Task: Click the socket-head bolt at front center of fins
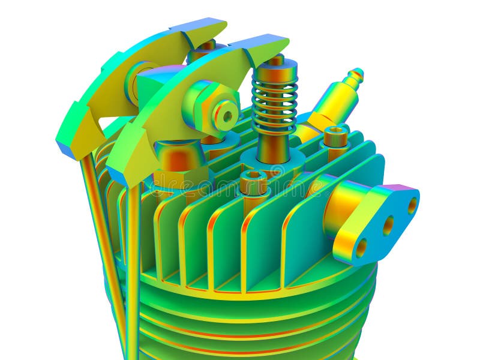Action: tap(254, 182)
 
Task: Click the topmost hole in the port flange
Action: tap(412, 205)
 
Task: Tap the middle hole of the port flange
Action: tap(388, 226)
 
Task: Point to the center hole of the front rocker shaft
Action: tap(227, 115)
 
